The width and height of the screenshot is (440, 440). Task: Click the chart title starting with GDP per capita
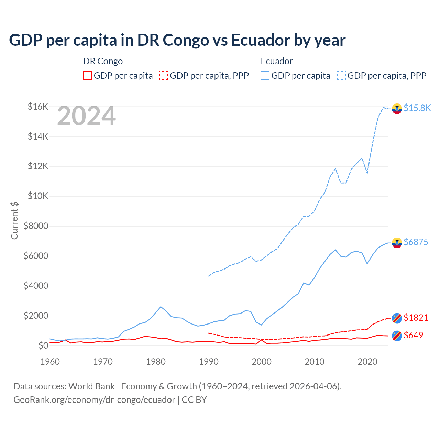tap(177, 40)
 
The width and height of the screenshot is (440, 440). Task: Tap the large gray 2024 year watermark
tap(86, 116)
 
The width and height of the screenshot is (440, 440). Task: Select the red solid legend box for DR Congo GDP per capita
tap(88, 76)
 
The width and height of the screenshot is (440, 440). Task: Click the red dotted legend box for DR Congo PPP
tap(164, 76)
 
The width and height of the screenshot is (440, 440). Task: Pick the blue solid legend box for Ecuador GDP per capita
tap(265, 76)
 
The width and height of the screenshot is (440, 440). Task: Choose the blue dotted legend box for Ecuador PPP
tap(341, 76)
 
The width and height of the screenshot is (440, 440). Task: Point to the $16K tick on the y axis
tap(38, 107)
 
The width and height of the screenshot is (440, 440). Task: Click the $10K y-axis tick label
tap(38, 196)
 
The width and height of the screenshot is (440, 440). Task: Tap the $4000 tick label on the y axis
tap(36, 286)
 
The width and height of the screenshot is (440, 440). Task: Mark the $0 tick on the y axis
tap(43, 345)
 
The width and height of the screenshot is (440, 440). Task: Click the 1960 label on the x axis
tap(50, 362)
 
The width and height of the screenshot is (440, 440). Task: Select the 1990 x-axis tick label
tap(209, 362)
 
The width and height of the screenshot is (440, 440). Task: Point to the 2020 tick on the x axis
tap(367, 362)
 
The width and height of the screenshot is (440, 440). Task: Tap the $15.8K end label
tap(417, 108)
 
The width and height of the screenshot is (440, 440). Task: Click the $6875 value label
tap(416, 242)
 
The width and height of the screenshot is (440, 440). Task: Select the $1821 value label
tap(416, 318)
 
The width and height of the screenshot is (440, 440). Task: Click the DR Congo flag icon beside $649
tap(397, 335)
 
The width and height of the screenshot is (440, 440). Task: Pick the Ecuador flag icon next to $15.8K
tap(397, 109)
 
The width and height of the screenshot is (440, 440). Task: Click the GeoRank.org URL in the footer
tap(94, 400)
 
